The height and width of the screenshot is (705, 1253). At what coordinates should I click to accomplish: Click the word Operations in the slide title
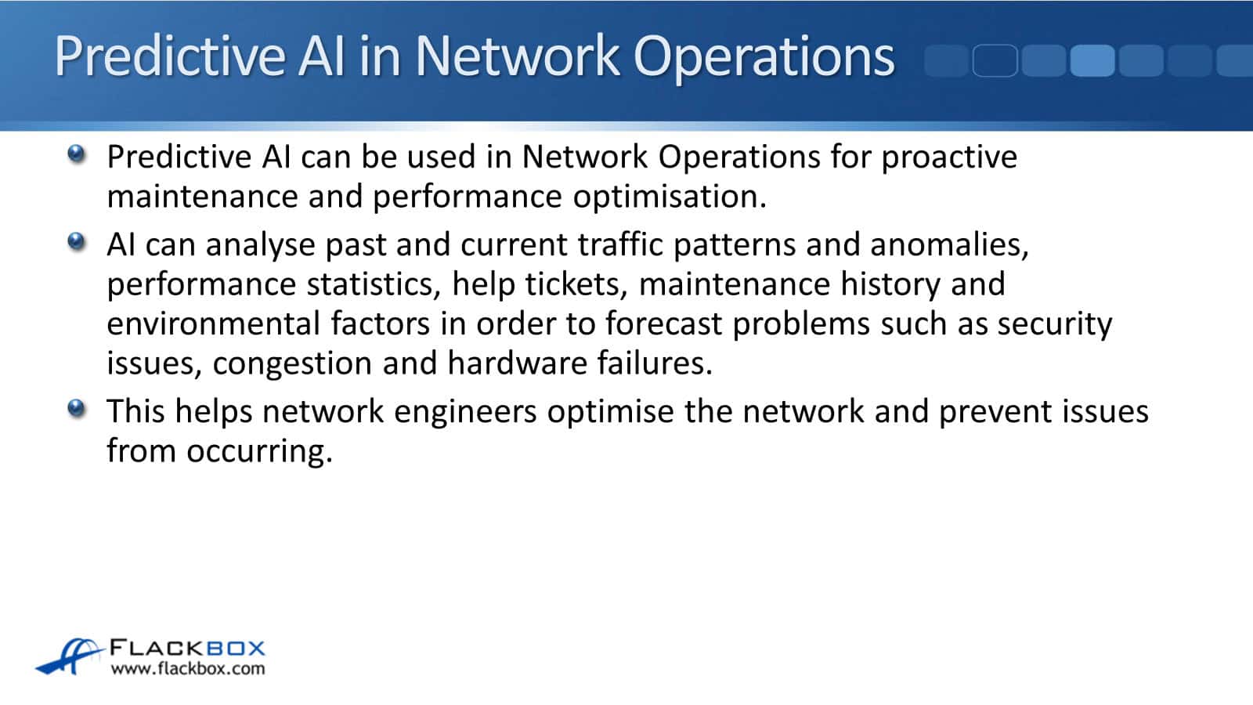point(764,57)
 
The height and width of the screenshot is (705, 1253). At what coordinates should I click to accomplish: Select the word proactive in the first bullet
point(949,157)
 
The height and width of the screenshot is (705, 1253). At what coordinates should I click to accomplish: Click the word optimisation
point(670,197)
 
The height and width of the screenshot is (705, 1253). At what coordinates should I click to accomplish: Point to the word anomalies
point(949,245)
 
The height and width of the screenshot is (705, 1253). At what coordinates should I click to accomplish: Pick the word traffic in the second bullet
point(619,244)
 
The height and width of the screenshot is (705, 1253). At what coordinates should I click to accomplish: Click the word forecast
point(664,324)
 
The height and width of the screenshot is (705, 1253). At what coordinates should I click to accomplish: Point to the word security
point(1055,325)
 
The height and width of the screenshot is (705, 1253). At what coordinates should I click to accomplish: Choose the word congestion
point(293,364)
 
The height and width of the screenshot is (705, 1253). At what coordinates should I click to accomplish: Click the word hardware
point(517,363)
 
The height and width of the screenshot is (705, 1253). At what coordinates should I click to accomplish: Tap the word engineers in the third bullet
point(466,412)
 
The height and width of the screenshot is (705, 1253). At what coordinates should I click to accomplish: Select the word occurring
point(259,452)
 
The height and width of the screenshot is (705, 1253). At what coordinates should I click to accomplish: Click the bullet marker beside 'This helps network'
point(77,408)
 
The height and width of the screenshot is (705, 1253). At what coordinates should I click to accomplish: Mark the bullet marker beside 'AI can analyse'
point(77,242)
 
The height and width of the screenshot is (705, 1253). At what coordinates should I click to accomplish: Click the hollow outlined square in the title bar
point(995,60)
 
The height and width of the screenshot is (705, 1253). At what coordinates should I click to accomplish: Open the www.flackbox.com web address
point(188,669)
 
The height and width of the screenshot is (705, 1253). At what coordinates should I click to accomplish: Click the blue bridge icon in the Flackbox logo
point(70,656)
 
